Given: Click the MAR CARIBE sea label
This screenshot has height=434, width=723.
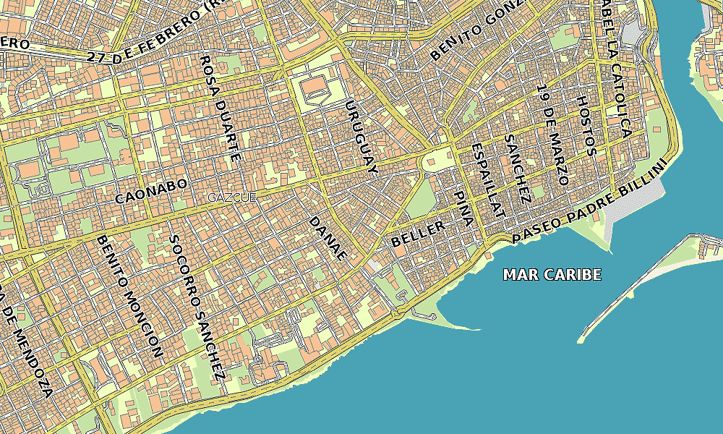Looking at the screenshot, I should [552, 275].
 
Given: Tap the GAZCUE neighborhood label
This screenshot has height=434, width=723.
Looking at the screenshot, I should [232, 197].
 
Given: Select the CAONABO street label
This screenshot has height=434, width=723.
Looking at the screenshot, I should [151, 190].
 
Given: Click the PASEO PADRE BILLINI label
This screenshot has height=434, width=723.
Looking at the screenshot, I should [587, 202].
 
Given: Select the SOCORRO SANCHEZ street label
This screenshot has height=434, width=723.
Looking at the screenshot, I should [195, 307].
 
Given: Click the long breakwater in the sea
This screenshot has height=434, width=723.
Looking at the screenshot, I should [636, 289].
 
